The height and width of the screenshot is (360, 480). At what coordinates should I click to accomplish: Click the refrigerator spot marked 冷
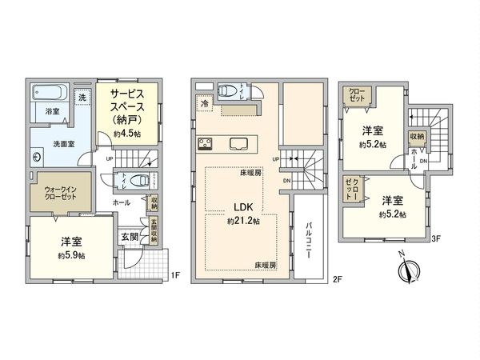[205, 104]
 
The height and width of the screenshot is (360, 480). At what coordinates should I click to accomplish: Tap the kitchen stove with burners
[204, 145]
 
